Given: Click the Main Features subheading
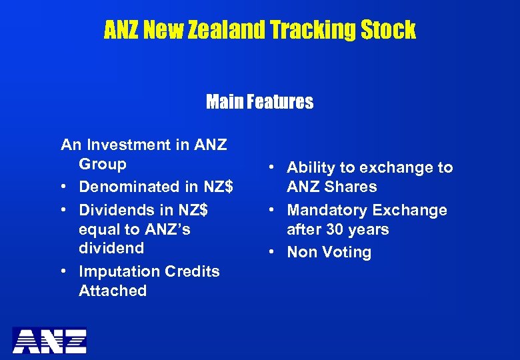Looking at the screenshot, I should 259,102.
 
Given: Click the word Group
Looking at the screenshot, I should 103,164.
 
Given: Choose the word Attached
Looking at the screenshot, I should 113,291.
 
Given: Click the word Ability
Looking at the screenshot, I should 312,168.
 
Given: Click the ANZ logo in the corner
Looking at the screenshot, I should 50,340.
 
